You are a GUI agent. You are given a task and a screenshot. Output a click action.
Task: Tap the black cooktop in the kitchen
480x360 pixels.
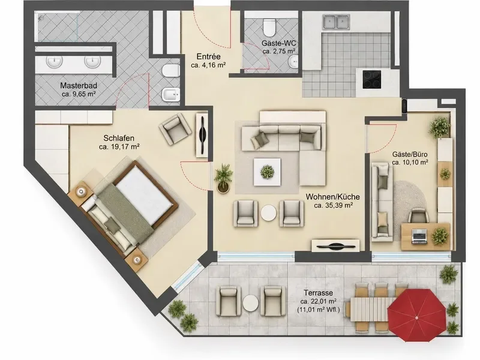point(371,79)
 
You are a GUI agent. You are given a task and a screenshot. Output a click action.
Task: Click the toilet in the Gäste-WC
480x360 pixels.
point(269,26)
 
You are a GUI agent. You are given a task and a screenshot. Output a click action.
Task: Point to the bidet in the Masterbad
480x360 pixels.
point(170,94)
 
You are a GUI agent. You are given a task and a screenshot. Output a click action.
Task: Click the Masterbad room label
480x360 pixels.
point(79,85)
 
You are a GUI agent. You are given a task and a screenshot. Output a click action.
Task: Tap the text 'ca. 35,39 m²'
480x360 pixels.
point(333,205)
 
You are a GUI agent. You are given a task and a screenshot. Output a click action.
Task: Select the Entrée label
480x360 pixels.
point(208,57)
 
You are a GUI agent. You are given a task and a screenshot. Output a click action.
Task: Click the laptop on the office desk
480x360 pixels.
point(419,237)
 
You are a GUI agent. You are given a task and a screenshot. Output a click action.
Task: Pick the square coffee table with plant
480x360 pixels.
point(267,172)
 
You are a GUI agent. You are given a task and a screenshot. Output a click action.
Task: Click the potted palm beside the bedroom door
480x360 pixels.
point(223,178)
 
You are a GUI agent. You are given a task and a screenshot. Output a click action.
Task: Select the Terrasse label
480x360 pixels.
point(318,293)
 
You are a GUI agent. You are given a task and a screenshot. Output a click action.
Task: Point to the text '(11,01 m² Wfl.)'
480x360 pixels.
point(319,310)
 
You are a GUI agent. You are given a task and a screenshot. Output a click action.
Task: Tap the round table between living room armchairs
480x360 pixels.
point(268,213)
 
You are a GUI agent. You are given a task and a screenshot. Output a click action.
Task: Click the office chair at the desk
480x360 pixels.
point(418,215)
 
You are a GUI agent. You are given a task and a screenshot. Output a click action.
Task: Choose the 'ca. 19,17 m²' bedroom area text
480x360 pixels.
point(119,147)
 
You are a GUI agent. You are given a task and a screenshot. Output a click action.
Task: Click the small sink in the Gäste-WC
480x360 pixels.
point(293,62)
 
